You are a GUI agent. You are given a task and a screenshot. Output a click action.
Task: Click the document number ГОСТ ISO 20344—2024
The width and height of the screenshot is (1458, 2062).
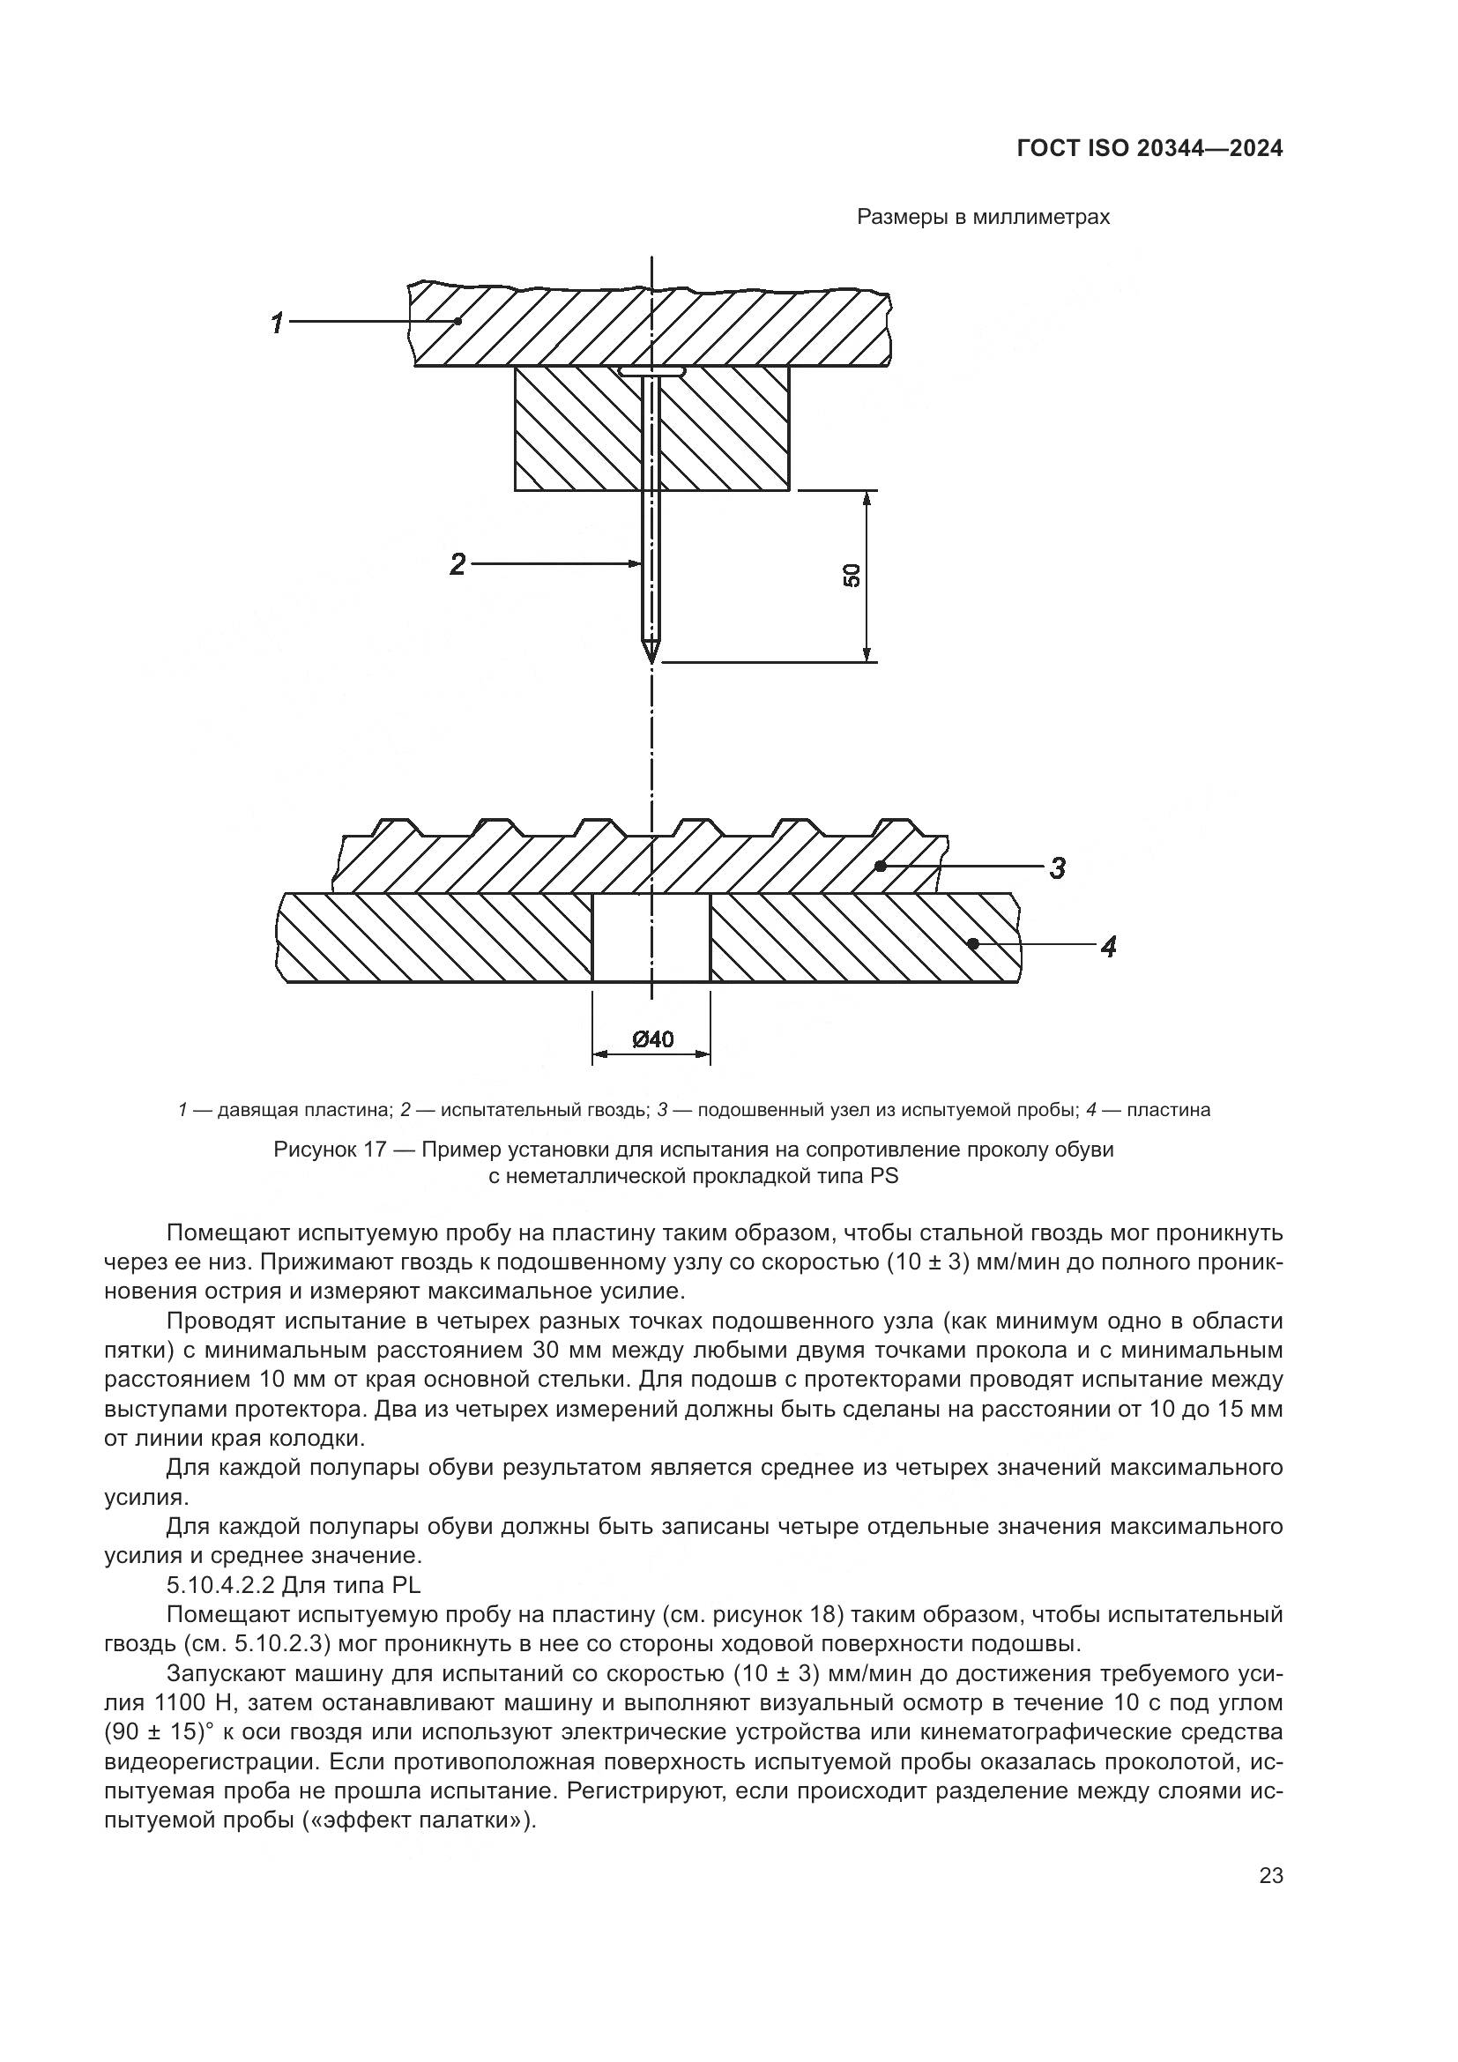tap(1149, 149)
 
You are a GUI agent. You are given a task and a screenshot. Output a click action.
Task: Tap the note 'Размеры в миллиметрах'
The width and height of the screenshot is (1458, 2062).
tap(983, 218)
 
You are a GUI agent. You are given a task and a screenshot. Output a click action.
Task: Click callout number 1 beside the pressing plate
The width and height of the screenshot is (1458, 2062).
tap(279, 323)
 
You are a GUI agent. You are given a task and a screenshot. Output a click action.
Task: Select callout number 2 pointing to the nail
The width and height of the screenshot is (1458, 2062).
tap(457, 565)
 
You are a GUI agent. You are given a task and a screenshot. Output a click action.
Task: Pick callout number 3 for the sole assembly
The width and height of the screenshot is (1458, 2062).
tap(1058, 868)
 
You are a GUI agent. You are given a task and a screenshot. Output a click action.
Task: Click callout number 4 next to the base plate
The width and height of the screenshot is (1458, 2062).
tap(1109, 946)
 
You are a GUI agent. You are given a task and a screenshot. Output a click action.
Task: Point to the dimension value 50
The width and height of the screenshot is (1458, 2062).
tap(852, 576)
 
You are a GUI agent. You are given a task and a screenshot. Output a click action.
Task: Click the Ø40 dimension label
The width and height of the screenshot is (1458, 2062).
tap(652, 1039)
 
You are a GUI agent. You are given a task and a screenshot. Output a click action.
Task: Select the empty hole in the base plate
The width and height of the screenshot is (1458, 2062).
tap(651, 938)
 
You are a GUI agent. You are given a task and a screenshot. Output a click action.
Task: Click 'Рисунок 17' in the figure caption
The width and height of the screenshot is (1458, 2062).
tap(321, 1150)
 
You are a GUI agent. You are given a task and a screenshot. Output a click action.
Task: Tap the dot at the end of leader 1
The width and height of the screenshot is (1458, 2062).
tap(458, 321)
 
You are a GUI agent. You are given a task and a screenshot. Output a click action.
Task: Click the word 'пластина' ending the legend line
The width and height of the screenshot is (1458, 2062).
tap(1168, 1110)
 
